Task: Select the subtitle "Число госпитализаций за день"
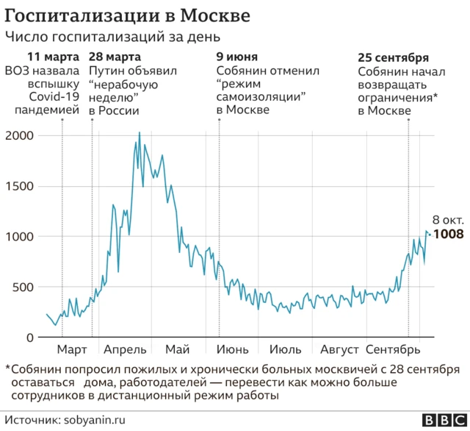pos(112,37)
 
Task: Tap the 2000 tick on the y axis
pos(19,136)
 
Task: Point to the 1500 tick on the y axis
pos(19,186)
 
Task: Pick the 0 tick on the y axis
pos(29,338)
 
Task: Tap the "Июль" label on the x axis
pos(285,349)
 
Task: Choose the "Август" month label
pos(336,349)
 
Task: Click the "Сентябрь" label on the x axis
pos(393,349)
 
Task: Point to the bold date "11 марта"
pos(54,57)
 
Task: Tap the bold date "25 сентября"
pos(393,57)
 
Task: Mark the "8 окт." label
pos(447,220)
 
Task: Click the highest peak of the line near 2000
pos(140,133)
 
